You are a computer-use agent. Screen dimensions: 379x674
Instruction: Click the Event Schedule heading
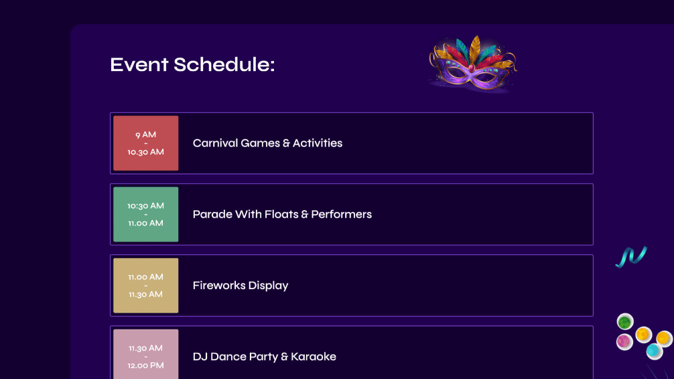point(192,64)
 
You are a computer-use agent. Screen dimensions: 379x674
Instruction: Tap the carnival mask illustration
point(473,64)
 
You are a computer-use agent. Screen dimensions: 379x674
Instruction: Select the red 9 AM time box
point(145,143)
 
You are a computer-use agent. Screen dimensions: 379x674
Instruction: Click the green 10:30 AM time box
point(145,214)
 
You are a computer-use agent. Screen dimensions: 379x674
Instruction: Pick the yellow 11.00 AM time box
point(145,285)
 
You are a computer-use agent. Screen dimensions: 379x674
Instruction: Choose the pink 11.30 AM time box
point(145,354)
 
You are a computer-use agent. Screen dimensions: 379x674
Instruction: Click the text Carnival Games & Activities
point(267,143)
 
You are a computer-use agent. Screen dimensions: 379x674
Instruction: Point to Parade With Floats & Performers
point(282,214)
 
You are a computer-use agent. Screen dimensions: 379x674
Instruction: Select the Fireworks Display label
point(241,285)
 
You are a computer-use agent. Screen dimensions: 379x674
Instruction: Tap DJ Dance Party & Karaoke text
point(265,356)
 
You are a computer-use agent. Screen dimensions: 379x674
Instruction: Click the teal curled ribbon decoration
point(631,256)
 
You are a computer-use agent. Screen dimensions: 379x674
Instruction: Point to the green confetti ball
point(625,321)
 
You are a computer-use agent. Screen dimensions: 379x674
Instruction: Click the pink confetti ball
point(624,342)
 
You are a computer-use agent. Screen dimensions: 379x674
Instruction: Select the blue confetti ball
point(654,351)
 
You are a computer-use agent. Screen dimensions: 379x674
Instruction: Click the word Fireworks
point(219,285)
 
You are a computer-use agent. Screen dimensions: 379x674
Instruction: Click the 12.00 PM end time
point(145,366)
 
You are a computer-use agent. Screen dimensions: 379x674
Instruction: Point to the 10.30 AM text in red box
point(145,152)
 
